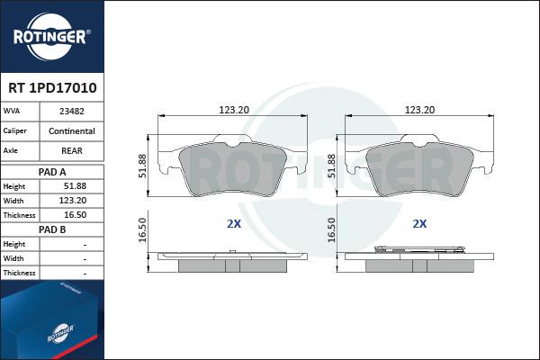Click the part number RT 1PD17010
[x=52, y=88]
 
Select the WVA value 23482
[x=72, y=112]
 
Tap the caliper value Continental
[x=72, y=130]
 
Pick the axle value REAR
[x=72, y=151]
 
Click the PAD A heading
[x=52, y=172]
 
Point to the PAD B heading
[x=52, y=229]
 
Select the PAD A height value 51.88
[x=75, y=186]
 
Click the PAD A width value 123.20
[x=73, y=201]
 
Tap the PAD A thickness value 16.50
[x=75, y=215]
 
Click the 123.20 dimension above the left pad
[x=234, y=110]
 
